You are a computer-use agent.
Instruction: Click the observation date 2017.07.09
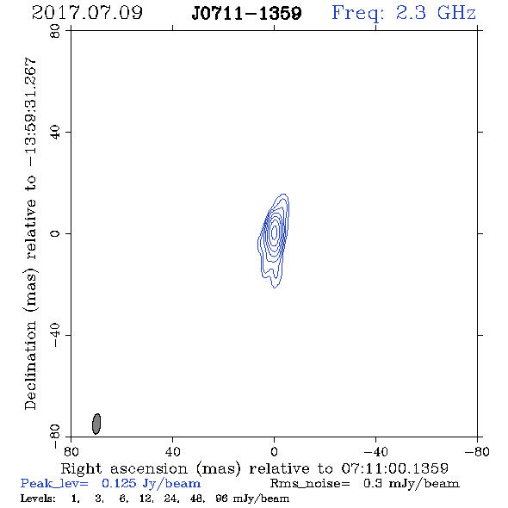[87, 13]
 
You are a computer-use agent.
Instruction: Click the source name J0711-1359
[246, 13]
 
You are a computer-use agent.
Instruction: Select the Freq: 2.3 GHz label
[404, 13]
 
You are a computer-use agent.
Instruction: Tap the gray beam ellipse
[96, 424]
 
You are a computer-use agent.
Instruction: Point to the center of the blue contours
[275, 232]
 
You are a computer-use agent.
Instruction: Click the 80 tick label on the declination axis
[55, 31]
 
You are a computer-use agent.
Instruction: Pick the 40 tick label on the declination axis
[55, 133]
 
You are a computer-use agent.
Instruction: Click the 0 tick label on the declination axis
[55, 233]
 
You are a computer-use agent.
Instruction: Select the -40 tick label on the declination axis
[55, 335]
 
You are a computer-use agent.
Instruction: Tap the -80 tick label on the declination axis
[55, 437]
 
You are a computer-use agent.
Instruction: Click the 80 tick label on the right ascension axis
[71, 452]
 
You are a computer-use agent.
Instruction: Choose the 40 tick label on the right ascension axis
[172, 452]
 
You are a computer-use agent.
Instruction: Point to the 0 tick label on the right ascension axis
[274, 452]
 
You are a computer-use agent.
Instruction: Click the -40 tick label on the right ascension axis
[375, 452]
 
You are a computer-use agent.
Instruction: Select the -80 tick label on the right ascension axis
[477, 452]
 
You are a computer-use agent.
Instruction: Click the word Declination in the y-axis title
[30, 366]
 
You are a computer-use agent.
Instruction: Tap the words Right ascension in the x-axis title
[124, 468]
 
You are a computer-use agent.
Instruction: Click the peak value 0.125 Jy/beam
[151, 484]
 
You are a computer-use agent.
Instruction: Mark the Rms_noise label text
[310, 484]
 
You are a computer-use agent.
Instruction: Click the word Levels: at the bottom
[38, 499]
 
